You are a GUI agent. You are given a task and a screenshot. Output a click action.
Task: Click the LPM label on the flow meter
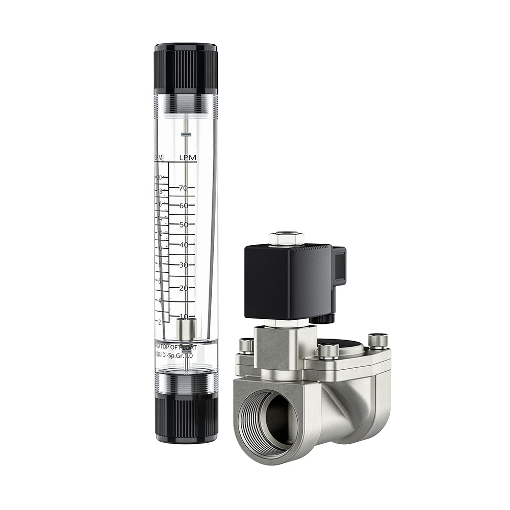tap(187, 159)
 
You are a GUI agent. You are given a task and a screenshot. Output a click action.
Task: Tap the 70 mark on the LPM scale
tap(183, 188)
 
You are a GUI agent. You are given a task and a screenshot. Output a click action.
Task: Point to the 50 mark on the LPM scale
tap(183, 224)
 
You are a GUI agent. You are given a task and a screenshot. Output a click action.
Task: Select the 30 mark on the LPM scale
tap(183, 265)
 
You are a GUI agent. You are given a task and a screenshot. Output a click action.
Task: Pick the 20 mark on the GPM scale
tap(159, 177)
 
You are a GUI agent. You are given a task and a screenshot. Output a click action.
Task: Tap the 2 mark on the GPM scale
tap(160, 322)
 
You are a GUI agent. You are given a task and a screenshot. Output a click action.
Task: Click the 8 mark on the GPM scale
tap(160, 264)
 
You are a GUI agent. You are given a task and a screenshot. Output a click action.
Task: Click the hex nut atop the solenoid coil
tap(287, 238)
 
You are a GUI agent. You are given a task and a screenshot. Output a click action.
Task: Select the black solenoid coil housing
tap(288, 280)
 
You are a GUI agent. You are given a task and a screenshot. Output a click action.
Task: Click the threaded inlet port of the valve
tap(265, 418)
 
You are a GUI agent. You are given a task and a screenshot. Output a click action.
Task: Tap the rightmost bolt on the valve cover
tap(378, 340)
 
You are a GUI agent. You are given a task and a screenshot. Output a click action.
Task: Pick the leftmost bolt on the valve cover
tap(246, 346)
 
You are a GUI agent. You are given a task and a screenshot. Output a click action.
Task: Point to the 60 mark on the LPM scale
tap(183, 205)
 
